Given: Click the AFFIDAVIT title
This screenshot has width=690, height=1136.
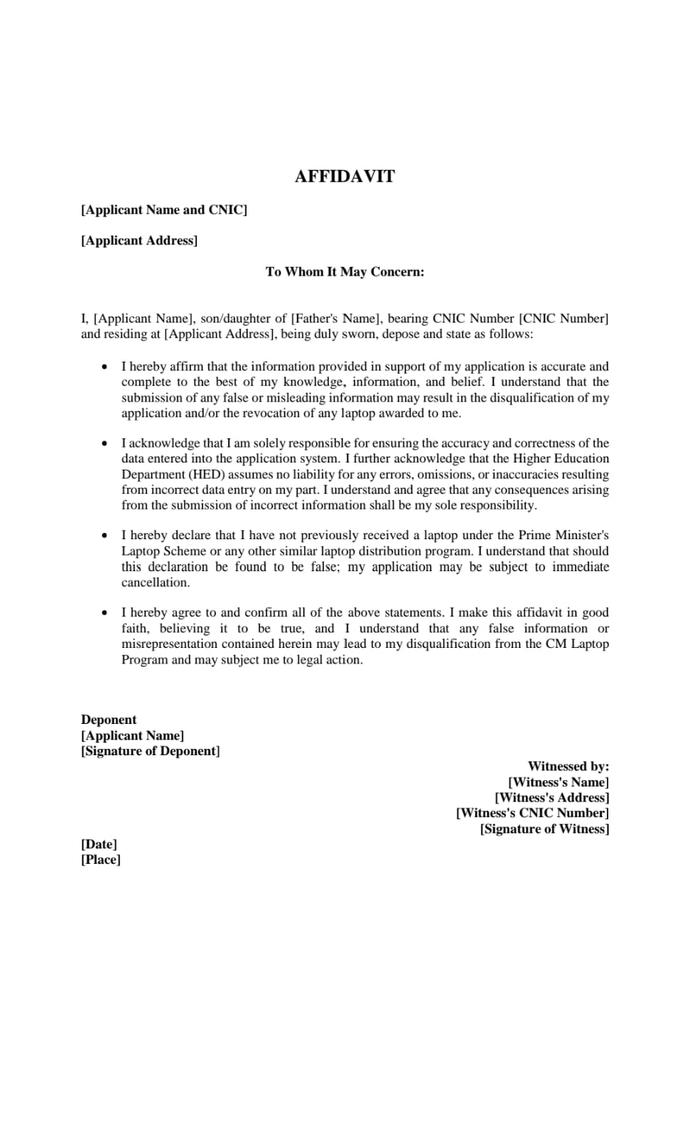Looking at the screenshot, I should [345, 176].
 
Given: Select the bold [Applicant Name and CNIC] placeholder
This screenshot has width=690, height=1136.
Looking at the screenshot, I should [164, 210].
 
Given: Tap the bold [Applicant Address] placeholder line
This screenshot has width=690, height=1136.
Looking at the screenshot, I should [139, 240].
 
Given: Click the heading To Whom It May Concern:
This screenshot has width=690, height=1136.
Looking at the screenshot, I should [345, 271].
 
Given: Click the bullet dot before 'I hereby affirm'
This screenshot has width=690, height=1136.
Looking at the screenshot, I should [105, 367].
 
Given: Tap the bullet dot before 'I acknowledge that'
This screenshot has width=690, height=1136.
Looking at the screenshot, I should [105, 443].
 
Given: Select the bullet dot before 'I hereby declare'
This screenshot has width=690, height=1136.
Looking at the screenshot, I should [105, 535].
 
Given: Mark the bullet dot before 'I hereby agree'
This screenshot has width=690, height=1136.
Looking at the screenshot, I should [105, 612].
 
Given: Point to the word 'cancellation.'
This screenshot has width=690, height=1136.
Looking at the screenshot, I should [156, 583].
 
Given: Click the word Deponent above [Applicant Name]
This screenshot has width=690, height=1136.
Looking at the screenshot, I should [109, 720].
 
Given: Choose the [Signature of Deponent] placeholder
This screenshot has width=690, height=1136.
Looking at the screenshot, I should [151, 751].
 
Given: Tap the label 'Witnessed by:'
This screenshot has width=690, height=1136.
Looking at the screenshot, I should [568, 767].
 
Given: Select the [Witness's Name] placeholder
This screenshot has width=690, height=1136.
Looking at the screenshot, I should [559, 782].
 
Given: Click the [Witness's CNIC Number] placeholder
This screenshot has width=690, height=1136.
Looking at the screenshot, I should [532, 813].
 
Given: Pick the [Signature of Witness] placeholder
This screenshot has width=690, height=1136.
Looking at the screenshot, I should [544, 829].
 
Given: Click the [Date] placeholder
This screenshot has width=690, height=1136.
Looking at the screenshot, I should [99, 844].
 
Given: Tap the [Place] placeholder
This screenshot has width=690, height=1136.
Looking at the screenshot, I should [101, 860].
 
